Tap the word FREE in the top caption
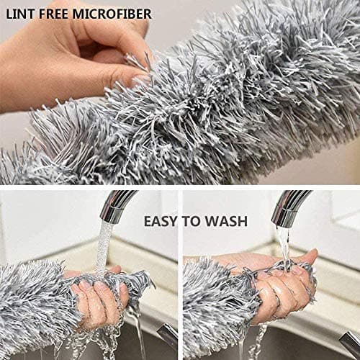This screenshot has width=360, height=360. [x=54, y=14]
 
